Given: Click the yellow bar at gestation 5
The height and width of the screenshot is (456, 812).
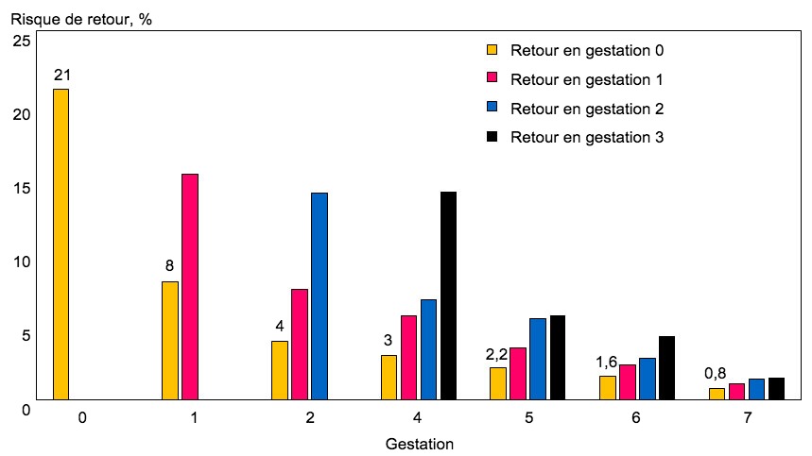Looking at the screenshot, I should pos(498,383).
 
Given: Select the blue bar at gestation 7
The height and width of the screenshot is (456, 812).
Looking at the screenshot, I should pos(756,389).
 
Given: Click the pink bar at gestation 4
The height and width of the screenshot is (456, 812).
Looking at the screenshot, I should pos(408,357).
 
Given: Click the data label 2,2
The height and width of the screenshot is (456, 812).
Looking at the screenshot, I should pos(497,354).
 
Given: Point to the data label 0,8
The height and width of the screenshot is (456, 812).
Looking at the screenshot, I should pos(716,374).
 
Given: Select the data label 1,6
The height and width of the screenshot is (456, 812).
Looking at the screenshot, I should pos(607,363).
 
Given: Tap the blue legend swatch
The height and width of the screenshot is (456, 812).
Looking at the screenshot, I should pos(492,108).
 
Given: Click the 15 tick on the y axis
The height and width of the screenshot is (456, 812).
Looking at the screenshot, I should pos(20,188).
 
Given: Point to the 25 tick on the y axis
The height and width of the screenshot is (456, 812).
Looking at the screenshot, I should pos(20,41).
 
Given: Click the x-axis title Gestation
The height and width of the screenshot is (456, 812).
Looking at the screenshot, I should pos(421,443).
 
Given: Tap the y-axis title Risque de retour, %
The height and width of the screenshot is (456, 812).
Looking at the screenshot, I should pos(80,18).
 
